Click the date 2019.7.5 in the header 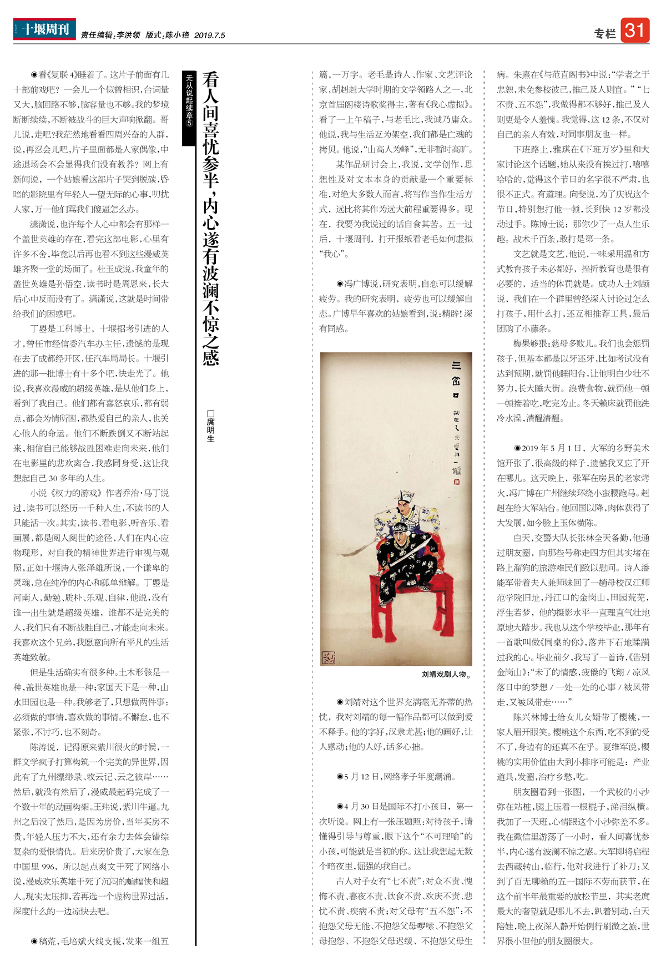coord(210,36)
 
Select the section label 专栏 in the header coord(604,34)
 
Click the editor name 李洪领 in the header coord(128,36)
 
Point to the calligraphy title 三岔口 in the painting coord(456,380)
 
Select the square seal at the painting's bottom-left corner coord(328,658)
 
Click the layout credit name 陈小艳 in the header coord(177,36)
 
